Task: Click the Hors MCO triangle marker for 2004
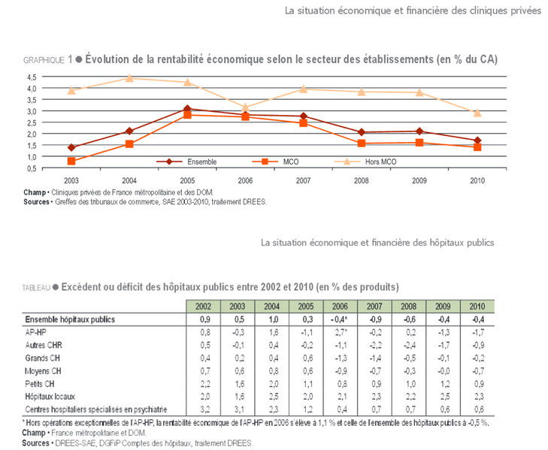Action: pos(129,78)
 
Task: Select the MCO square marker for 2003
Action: pos(71,161)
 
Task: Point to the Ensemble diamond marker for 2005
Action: pos(187,109)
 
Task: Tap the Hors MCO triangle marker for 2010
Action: pos(477,113)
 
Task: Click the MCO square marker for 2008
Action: pos(362,143)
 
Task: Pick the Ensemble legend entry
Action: pos(186,162)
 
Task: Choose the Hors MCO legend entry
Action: pos(365,162)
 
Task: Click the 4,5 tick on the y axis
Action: pos(32,77)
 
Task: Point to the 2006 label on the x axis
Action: pos(245,180)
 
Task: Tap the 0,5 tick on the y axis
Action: pos(32,169)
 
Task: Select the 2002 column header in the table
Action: pos(203,307)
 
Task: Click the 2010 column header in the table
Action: pos(477,307)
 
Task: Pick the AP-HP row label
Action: pos(35,332)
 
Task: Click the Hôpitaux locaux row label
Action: pos(50,397)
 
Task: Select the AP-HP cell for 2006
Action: pos(341,332)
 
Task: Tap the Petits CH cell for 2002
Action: pos(205,384)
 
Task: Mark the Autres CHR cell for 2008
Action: pos(410,345)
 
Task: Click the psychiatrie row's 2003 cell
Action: pos(239,409)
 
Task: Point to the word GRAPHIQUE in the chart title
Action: pos(44,60)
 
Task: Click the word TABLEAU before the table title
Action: pos(36,288)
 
